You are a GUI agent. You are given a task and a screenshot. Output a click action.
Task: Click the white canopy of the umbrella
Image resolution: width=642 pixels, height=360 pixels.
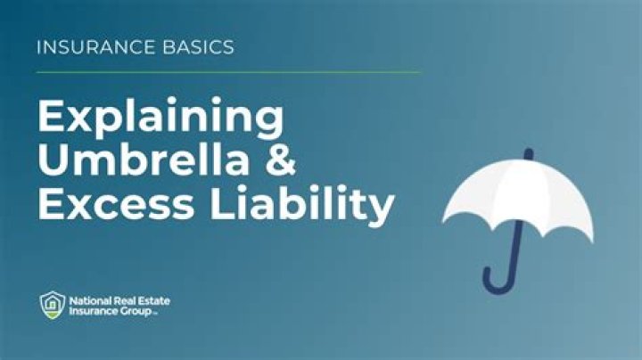pos(517,200)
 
